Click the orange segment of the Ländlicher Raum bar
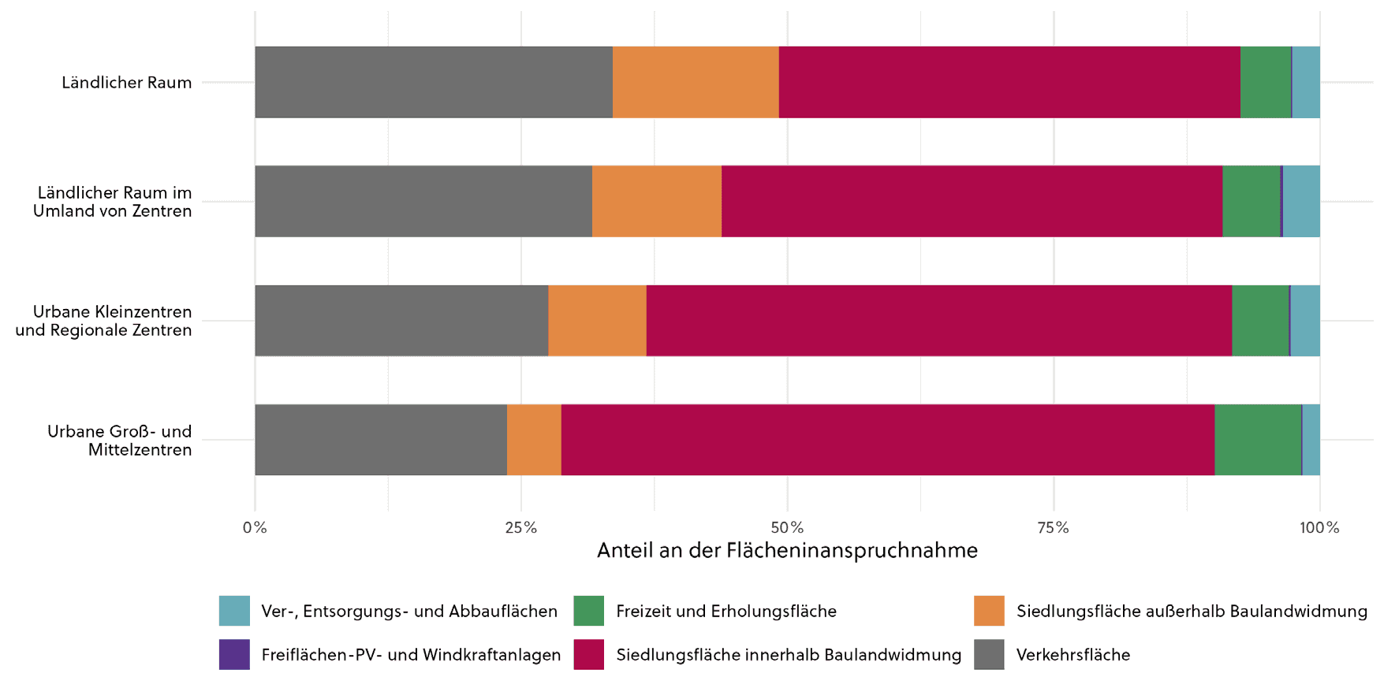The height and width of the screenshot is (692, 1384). tap(696, 82)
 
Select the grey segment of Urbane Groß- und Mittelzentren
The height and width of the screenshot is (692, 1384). tap(381, 440)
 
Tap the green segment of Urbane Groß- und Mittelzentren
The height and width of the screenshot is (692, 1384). tap(1257, 440)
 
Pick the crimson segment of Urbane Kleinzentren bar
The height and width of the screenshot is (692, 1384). tap(938, 321)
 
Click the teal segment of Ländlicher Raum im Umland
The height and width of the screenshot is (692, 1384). tap(1301, 201)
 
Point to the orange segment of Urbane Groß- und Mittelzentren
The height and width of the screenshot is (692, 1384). tap(534, 440)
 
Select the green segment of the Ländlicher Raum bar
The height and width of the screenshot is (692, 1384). tap(1266, 82)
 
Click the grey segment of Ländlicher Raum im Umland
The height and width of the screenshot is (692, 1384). tap(423, 201)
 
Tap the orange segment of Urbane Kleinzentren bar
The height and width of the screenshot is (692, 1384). tap(597, 321)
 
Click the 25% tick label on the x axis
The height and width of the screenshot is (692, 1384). tap(520, 527)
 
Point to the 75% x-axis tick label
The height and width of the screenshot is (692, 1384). tap(1053, 527)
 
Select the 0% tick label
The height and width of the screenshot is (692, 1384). tap(255, 527)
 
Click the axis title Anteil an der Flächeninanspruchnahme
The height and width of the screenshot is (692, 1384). tap(787, 550)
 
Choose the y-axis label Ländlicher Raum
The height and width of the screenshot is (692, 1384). tap(127, 83)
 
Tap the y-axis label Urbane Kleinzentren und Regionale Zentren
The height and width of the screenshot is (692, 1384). tap(103, 321)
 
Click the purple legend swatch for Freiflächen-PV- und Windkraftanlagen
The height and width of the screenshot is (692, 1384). tap(234, 654)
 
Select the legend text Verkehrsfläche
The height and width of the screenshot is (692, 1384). tap(1073, 655)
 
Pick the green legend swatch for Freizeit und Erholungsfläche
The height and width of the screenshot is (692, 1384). tap(588, 611)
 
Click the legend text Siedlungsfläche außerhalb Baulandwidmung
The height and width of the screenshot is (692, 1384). tap(1191, 611)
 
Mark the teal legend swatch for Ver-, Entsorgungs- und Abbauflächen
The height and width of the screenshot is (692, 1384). tap(234, 611)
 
